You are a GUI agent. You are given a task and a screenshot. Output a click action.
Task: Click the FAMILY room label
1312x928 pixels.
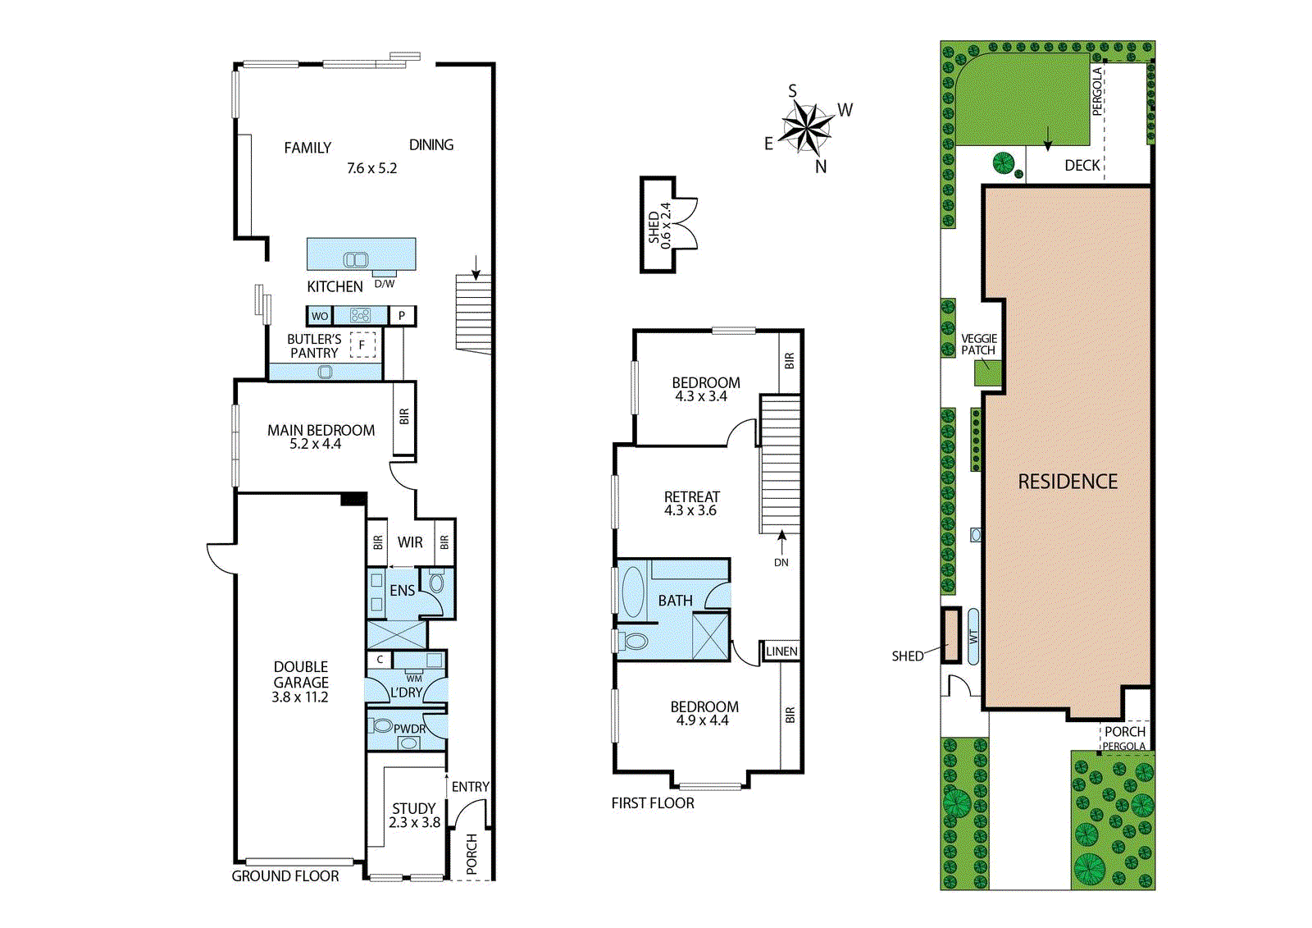click(307, 148)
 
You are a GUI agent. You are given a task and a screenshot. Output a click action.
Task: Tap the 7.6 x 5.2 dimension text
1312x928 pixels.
click(371, 168)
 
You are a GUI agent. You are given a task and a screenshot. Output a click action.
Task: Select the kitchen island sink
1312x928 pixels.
click(355, 260)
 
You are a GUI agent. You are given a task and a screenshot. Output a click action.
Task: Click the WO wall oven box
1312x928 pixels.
click(320, 316)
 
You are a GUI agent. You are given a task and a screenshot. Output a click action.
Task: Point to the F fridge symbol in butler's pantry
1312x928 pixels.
click(362, 345)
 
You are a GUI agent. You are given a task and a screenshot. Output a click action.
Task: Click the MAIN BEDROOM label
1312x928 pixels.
click(321, 430)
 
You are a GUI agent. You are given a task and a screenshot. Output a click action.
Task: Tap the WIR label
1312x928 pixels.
click(410, 542)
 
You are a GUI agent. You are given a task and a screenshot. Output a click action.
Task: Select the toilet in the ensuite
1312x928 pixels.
click(436, 583)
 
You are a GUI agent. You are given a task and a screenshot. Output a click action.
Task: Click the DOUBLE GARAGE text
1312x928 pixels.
click(301, 674)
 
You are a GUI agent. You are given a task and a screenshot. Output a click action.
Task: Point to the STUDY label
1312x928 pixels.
click(413, 808)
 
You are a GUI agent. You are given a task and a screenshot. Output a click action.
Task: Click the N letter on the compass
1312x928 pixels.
click(821, 167)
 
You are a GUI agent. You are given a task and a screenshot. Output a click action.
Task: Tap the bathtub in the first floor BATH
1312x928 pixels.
click(633, 592)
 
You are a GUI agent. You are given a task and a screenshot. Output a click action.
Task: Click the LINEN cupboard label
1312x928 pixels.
click(781, 651)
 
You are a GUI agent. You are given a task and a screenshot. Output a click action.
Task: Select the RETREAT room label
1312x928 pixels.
click(691, 497)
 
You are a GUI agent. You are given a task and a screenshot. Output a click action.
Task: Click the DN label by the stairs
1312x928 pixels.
click(781, 563)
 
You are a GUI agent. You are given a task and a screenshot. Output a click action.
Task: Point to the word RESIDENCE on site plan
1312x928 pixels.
click(1068, 482)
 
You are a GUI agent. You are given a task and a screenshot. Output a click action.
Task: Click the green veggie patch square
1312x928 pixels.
click(987, 373)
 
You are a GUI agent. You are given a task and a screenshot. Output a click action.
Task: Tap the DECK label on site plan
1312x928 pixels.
click(1082, 166)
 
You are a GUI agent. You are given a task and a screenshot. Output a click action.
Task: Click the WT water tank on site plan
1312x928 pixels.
click(973, 636)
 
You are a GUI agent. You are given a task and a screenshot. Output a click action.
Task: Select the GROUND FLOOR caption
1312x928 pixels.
click(285, 876)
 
